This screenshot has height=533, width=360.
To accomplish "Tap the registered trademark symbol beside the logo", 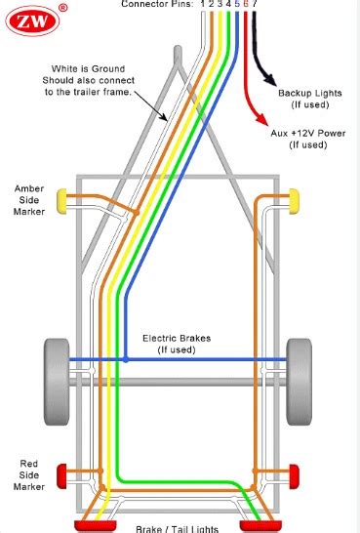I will click(x=62, y=8).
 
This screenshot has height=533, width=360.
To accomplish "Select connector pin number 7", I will click(x=255, y=5).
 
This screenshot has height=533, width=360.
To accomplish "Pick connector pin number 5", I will click(x=238, y=5).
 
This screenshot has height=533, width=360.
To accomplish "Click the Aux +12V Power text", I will click(x=307, y=132).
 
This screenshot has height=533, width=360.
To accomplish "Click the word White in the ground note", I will click(x=66, y=69).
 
